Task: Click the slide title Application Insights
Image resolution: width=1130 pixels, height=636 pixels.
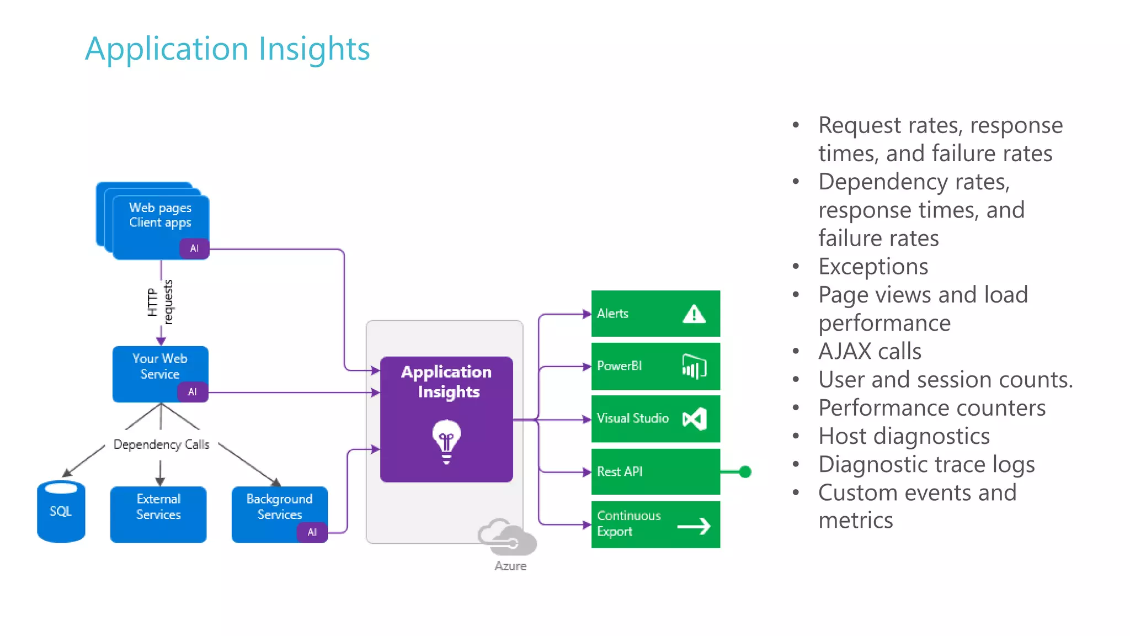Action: coord(227,49)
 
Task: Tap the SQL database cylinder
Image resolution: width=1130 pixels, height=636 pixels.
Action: coord(61,511)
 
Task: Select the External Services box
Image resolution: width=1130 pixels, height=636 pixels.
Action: coord(158,514)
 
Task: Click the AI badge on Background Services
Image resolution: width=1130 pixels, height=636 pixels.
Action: coord(312,532)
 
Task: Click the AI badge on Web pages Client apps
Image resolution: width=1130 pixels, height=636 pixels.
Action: coord(194,248)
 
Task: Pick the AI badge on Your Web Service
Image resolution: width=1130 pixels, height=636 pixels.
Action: coord(192,392)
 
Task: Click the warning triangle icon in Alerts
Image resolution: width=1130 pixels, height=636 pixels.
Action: coord(694,314)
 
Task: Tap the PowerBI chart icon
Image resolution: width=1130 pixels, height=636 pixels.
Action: coord(694,367)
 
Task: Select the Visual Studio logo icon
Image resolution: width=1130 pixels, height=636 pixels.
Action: coord(694,419)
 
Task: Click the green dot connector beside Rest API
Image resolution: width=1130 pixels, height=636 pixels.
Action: coord(745,471)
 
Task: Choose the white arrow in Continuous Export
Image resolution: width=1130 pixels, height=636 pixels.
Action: coord(694,526)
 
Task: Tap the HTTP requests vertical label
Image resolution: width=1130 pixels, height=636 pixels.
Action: coord(160,303)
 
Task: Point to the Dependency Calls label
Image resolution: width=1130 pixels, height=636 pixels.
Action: coord(161,444)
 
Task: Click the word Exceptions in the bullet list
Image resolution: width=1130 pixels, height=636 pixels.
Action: coord(873,267)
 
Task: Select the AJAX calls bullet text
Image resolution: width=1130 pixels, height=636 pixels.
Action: coord(870,352)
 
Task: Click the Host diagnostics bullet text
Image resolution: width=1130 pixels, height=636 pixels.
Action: coord(904,436)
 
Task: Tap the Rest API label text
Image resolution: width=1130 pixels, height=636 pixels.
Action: coord(620,471)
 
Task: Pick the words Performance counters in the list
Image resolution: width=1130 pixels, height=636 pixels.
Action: coord(931,408)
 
